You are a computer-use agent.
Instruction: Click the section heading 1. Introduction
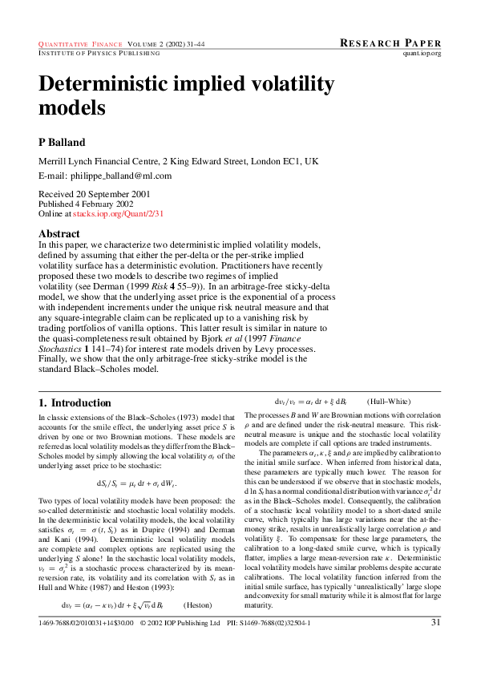(x=75, y=402)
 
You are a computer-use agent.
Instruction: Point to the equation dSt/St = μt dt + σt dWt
(x=135, y=483)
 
